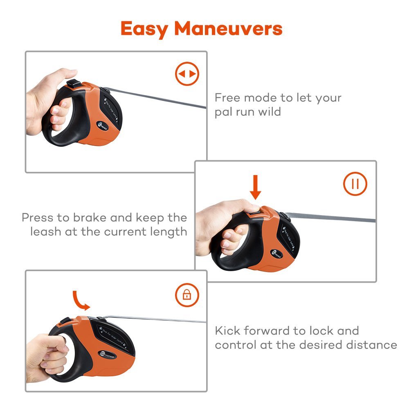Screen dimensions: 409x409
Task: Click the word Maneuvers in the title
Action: (228, 29)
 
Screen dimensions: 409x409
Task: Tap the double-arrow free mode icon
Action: (187, 74)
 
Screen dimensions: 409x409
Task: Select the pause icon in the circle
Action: (355, 184)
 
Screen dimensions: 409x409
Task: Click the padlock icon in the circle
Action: (187, 294)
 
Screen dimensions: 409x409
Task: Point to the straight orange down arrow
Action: (256, 187)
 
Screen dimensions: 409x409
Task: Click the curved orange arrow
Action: (81, 301)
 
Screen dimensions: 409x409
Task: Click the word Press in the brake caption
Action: (37, 217)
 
